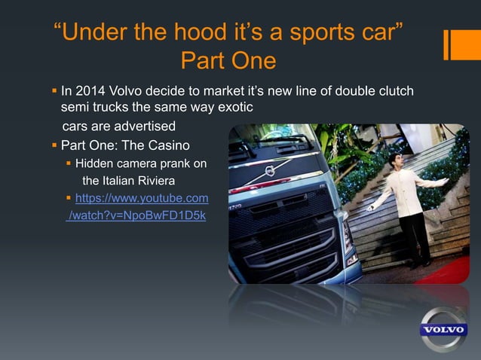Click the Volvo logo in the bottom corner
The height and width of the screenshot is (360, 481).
(x=443, y=330)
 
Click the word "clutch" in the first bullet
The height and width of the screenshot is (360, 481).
(x=393, y=91)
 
